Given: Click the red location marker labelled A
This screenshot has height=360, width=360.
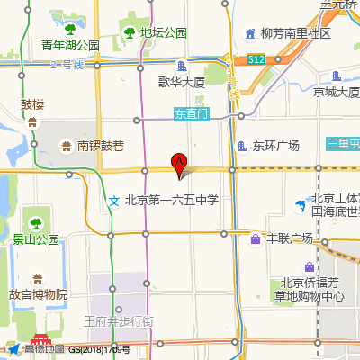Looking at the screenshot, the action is click(178, 162).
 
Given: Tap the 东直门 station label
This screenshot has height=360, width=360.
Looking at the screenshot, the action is click(192, 114).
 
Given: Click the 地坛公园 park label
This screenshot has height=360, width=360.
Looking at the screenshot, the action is click(164, 33).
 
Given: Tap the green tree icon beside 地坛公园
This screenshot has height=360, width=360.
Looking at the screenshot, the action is click(129, 33).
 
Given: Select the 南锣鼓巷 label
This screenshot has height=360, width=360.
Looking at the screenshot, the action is click(99, 146).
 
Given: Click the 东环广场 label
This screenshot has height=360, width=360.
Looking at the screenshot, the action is click(274, 146).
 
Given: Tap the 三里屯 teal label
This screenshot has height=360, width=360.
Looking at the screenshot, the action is click(343, 143).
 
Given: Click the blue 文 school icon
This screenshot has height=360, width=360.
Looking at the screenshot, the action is click(113, 200).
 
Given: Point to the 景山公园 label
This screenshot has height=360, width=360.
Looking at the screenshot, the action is click(35, 239).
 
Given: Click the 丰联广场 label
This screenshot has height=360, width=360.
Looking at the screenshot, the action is click(288, 238).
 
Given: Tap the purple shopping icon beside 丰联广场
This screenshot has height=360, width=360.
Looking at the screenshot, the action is click(256, 238).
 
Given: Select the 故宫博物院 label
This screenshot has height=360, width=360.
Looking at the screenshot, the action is click(39, 294).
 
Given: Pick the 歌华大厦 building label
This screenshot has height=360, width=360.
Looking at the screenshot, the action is click(182, 82).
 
